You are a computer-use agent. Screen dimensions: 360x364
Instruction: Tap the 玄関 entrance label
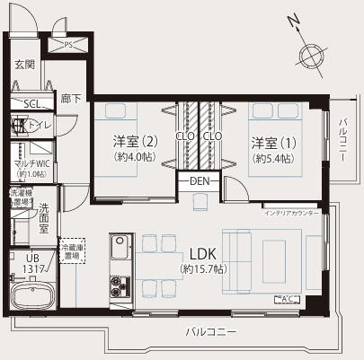(x=24, y=65)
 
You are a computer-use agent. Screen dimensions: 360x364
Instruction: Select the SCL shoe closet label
(x=31, y=103)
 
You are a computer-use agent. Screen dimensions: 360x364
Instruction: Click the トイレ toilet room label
(x=40, y=126)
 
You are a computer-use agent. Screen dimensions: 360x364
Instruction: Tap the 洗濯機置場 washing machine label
(x=20, y=197)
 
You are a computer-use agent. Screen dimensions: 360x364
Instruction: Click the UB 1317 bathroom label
(x=33, y=263)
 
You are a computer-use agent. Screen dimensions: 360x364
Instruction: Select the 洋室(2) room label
(x=135, y=147)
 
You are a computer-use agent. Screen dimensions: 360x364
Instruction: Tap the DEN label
(x=200, y=181)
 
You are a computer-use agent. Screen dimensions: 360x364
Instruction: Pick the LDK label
(x=202, y=253)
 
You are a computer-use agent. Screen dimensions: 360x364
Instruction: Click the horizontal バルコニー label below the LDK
(x=212, y=331)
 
